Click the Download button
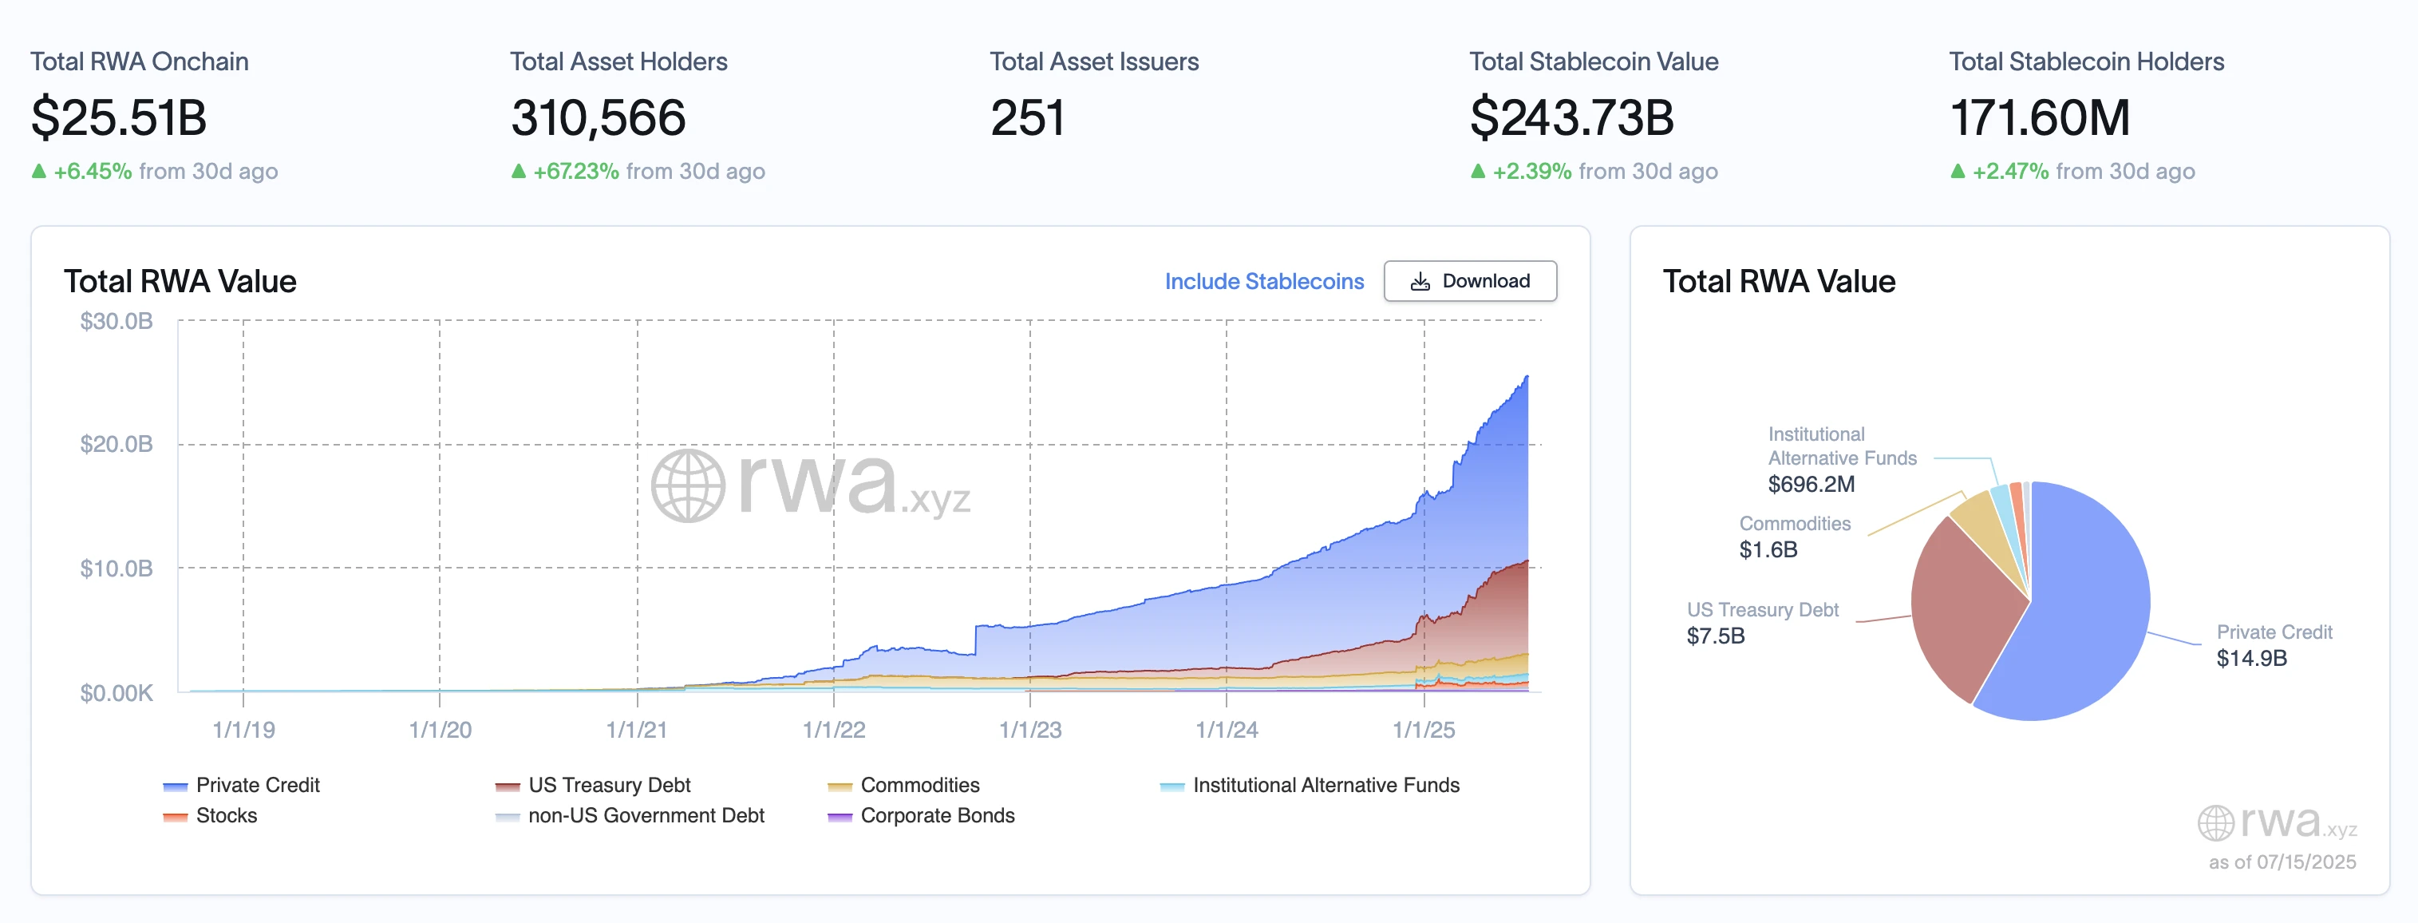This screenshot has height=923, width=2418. (1469, 281)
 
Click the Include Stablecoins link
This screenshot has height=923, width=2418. (1263, 282)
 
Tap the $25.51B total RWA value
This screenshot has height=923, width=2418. (119, 118)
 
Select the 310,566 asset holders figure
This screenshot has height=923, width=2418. (598, 118)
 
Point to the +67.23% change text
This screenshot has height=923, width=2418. (575, 172)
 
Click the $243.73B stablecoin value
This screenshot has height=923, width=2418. (1571, 118)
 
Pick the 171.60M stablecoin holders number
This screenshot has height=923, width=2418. (2039, 118)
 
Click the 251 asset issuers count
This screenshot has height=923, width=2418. (1027, 118)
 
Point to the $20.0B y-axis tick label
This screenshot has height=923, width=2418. (117, 444)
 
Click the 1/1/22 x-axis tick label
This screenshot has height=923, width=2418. (834, 730)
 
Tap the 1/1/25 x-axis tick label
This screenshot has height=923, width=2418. (1423, 730)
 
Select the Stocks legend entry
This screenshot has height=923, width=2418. (225, 815)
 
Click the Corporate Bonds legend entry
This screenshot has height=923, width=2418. (936, 815)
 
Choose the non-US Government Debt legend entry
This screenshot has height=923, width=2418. (645, 815)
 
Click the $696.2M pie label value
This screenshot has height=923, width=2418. (1811, 485)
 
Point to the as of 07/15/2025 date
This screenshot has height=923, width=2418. (2281, 862)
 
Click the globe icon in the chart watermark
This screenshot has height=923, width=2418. (688, 485)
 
